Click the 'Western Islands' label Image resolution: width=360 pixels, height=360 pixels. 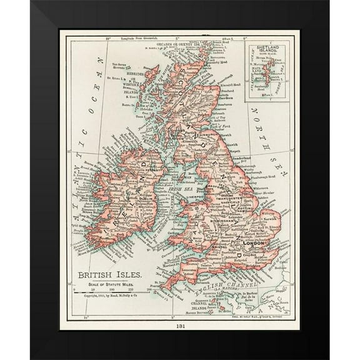tap(132, 87)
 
